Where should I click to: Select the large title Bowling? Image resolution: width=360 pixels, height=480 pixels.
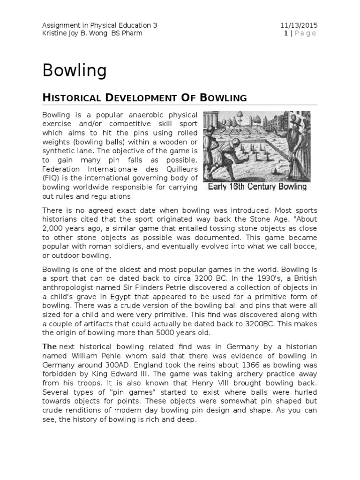(x=75, y=71)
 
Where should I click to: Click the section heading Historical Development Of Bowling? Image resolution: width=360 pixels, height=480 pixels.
(x=144, y=97)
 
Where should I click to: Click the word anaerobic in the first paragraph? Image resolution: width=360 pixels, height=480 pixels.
(x=141, y=115)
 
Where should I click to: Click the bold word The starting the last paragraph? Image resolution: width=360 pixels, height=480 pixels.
(x=50, y=346)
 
